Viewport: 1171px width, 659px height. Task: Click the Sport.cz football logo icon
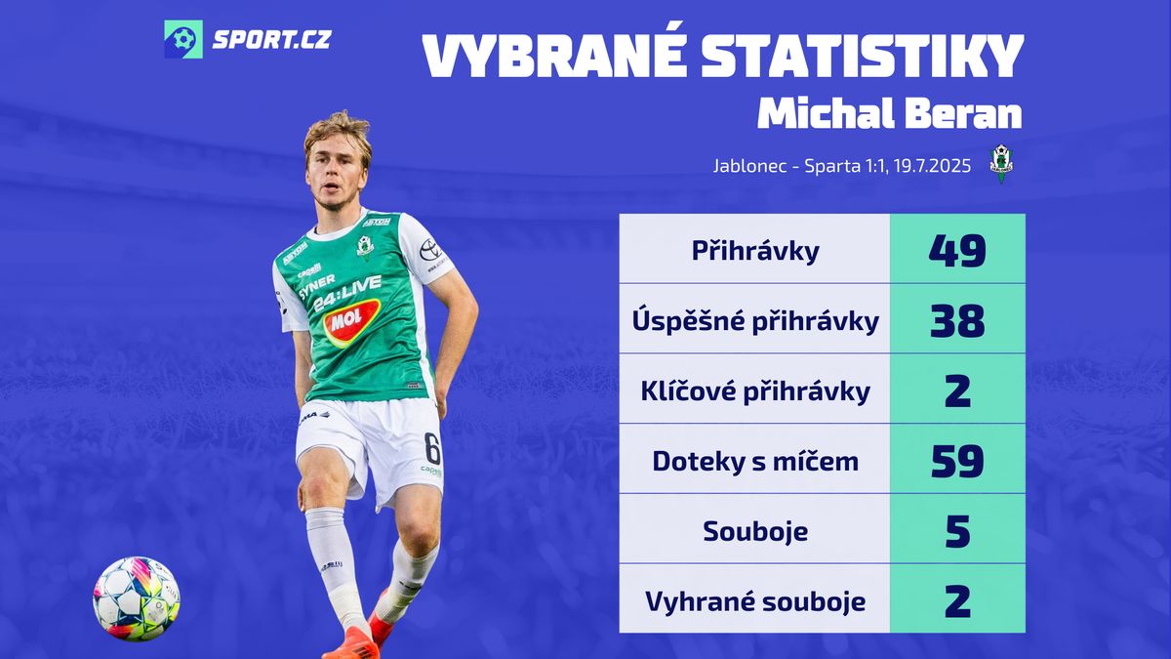pyautogui.click(x=183, y=39)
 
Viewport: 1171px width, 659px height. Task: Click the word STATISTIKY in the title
pyautogui.click(x=862, y=57)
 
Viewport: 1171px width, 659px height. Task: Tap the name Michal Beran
pyautogui.click(x=890, y=113)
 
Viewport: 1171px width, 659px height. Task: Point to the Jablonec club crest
pyautogui.click(x=1001, y=164)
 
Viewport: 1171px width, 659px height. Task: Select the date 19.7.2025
pyautogui.click(x=932, y=166)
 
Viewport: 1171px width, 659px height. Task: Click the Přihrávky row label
pyautogui.click(x=755, y=251)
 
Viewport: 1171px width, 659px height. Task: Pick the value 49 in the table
pyautogui.click(x=957, y=251)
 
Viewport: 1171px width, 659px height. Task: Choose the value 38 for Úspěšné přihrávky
pyautogui.click(x=957, y=320)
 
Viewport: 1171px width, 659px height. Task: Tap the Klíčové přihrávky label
pyautogui.click(x=755, y=391)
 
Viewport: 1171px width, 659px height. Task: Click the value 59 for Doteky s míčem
pyautogui.click(x=957, y=461)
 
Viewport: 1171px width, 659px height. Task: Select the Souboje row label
pyautogui.click(x=755, y=531)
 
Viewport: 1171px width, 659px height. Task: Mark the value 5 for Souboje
pyautogui.click(x=957, y=531)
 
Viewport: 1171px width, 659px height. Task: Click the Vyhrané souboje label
pyautogui.click(x=755, y=601)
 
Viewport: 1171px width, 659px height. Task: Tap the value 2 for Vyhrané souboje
pyautogui.click(x=957, y=601)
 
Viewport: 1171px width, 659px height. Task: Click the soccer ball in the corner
pyautogui.click(x=137, y=598)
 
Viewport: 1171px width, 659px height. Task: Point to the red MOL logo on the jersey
pyautogui.click(x=351, y=322)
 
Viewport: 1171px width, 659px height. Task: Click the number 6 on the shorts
pyautogui.click(x=432, y=449)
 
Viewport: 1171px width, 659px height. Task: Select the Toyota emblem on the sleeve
pyautogui.click(x=430, y=250)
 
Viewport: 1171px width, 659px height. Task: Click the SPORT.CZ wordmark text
pyautogui.click(x=272, y=39)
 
